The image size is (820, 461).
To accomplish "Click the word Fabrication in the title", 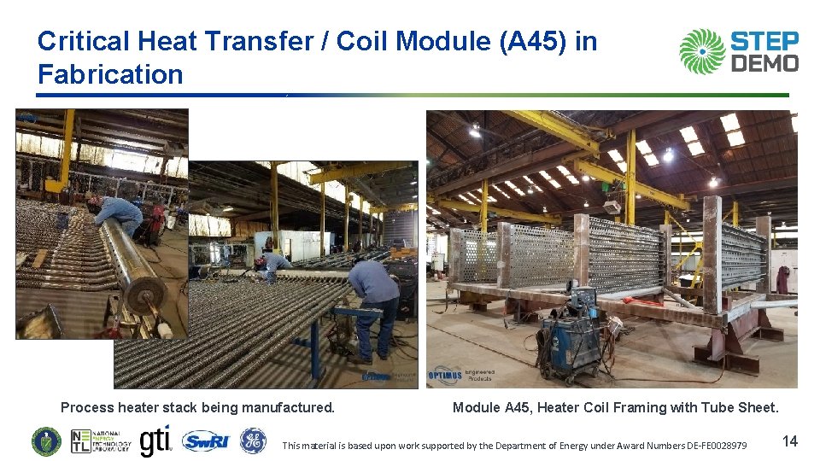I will tap(110, 74).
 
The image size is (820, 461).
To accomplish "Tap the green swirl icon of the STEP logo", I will tap(702, 51).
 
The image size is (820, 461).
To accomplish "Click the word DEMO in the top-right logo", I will tap(764, 63).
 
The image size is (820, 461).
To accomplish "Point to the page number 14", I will tap(790, 441).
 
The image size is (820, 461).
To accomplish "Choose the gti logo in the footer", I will tap(155, 441).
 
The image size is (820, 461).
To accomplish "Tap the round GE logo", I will tap(252, 441).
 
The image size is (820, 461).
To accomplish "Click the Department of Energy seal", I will tap(46, 441).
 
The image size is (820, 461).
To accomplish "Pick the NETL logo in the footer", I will tap(101, 441).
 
